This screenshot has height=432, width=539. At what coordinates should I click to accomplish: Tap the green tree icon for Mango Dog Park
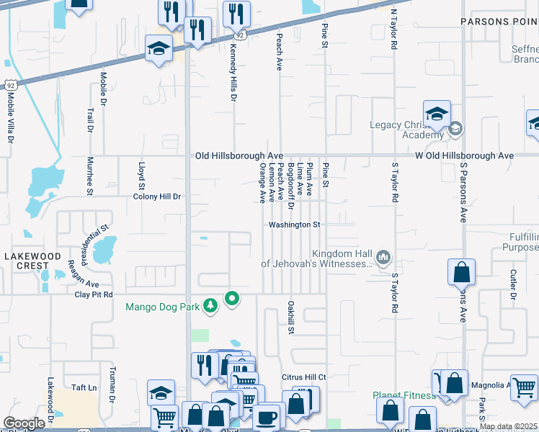[x=210, y=307]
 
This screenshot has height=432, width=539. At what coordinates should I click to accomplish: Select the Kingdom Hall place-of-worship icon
[x=383, y=257]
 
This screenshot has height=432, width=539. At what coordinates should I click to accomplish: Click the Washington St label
[x=294, y=225]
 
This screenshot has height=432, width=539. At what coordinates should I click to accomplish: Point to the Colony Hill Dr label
[x=156, y=196]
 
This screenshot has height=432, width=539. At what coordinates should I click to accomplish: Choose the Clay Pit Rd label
[x=94, y=294]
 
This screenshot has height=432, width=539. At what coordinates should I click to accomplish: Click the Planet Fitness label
[x=404, y=395]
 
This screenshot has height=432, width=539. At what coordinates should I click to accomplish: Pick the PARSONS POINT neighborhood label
[x=499, y=22]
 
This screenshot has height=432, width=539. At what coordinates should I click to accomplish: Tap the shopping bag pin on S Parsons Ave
[x=461, y=273]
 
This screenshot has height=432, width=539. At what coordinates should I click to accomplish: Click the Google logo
[x=24, y=423]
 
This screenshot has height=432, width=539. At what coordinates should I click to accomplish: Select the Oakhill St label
[x=292, y=318]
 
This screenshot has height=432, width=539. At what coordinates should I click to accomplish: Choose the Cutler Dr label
[x=513, y=284]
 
